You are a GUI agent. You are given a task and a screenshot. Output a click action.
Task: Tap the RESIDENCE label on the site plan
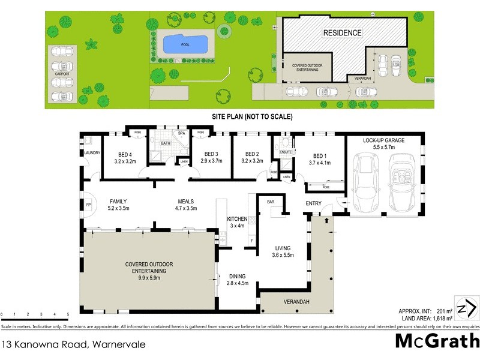[343, 33]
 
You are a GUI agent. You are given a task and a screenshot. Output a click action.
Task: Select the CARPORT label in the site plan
[62, 74]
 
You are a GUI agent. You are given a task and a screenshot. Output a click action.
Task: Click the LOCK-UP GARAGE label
[384, 140]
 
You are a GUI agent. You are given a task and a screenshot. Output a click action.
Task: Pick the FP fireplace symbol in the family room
[88, 205]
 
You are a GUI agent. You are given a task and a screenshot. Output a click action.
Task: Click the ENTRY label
[313, 204]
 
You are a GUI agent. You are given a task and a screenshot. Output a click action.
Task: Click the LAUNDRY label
[92, 153]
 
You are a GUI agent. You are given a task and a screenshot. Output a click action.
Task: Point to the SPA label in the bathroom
[181, 133]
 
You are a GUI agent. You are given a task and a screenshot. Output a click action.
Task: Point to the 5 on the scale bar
[68, 314]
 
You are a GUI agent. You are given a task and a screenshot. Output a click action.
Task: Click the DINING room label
[237, 277]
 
